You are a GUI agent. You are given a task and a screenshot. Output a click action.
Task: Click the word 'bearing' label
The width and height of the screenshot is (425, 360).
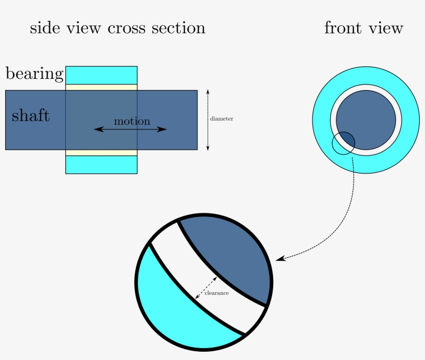34,74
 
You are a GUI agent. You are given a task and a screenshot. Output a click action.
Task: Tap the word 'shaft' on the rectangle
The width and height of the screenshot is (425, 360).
31,115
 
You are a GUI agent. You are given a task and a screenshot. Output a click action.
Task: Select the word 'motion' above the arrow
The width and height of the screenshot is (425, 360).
132,121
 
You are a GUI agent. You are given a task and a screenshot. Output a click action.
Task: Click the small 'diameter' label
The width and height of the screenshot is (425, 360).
221,119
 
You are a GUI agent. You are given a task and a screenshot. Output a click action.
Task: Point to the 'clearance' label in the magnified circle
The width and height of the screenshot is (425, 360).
217,293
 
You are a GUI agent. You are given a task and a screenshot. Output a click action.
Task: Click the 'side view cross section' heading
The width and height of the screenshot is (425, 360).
118,28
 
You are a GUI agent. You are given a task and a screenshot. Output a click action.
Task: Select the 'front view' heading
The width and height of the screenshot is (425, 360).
363,28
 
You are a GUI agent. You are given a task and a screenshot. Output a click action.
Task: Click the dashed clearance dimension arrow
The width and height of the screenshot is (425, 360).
206,287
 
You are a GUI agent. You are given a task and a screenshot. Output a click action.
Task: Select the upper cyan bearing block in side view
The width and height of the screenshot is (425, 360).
101,75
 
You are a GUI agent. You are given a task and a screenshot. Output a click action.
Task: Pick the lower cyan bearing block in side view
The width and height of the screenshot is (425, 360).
101,165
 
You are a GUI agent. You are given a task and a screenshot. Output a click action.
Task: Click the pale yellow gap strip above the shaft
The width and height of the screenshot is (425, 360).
101,87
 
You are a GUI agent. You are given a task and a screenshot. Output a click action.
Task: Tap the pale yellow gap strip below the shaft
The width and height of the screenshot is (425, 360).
101,152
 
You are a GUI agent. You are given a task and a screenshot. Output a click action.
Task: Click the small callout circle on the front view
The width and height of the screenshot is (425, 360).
336,150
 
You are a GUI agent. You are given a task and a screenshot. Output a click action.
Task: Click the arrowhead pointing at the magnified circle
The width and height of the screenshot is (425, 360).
280,258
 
